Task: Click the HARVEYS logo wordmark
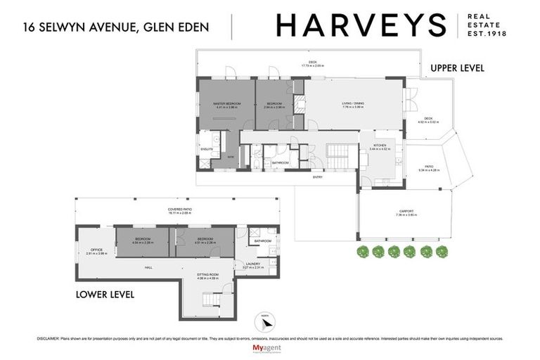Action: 361,25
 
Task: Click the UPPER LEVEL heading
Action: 457,68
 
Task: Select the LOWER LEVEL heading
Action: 105,293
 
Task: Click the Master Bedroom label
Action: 227,105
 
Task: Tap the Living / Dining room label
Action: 353,105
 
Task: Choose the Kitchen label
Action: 379,146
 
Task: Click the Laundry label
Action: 252,264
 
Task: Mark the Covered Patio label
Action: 181,210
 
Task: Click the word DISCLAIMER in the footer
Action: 48,338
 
